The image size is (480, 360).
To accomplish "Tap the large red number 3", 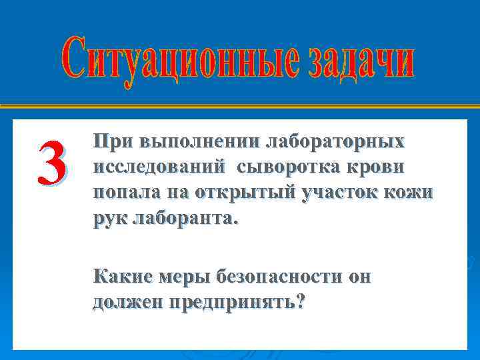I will point(51,165).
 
